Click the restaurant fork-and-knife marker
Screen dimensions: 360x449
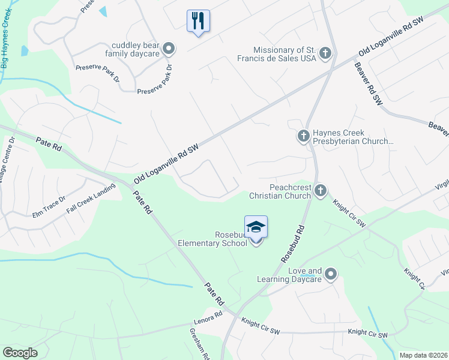(198, 21)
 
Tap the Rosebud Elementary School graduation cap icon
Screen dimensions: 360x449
(256, 227)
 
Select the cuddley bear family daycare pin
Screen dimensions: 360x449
(169, 48)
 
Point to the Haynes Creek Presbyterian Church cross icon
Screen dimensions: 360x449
(303, 137)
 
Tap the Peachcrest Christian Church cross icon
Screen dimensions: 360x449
(321, 191)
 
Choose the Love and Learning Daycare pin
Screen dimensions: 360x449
(330, 275)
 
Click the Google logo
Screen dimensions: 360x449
(20, 353)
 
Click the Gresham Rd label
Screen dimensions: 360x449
(199, 343)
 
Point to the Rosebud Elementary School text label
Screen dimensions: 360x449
(213, 239)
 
